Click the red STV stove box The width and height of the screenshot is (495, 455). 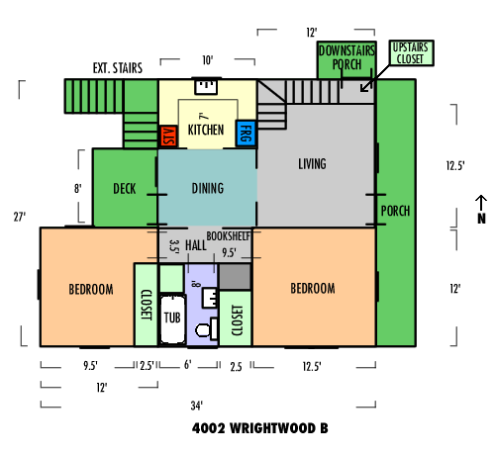click(168, 136)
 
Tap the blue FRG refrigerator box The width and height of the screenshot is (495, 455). click(246, 134)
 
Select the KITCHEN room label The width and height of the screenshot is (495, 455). click(206, 130)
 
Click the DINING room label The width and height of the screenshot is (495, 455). click(208, 188)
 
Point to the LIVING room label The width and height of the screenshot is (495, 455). click(312, 164)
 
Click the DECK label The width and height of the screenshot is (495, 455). click(125, 189)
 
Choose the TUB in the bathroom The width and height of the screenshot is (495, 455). click(172, 319)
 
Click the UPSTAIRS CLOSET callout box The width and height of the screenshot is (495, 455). click(411, 53)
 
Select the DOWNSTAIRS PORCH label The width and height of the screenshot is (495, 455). click(346, 57)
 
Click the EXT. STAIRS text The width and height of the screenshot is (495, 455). click(118, 68)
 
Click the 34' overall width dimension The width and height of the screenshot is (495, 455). click(197, 406)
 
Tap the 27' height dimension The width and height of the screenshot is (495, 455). click(20, 217)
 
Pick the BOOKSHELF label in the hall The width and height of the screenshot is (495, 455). click(229, 236)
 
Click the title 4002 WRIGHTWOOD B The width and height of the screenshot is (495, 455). click(260, 428)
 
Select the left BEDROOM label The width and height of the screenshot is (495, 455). click(91, 289)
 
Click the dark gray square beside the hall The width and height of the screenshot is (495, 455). click(235, 277)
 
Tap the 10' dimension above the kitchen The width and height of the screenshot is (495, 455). click(208, 60)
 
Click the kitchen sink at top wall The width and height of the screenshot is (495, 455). click(206, 87)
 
